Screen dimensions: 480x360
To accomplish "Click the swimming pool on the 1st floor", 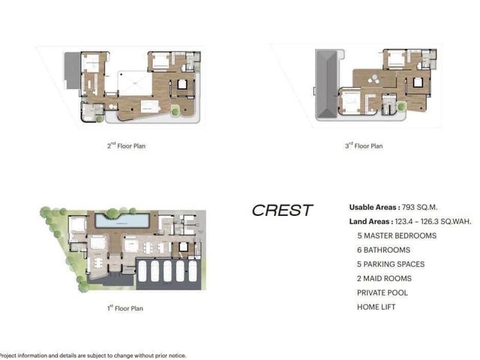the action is (122, 220).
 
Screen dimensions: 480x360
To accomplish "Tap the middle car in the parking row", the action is (167, 271).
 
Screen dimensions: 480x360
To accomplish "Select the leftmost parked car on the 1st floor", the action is (142, 271).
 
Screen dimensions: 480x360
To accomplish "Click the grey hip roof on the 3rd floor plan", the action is (326, 84).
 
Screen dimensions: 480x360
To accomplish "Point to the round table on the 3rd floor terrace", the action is (373, 79).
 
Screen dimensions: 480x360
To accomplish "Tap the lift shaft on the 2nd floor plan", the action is (182, 84).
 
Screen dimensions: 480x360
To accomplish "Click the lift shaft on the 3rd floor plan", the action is (418, 82).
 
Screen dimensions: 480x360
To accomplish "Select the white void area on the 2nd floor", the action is (135, 83).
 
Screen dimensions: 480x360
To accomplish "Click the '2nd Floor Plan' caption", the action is (126, 145).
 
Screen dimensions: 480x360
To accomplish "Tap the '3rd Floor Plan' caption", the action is (364, 145).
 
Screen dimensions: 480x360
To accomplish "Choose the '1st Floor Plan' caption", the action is (125, 307).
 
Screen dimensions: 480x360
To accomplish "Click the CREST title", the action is (282, 210).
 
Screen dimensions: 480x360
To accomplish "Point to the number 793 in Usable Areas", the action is (408, 207).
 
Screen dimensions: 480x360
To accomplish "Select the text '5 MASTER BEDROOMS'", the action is (397, 235).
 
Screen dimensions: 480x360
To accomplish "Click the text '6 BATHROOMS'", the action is (383, 250).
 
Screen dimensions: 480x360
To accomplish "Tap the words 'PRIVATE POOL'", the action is (382, 292).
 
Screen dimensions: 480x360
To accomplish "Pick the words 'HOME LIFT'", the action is (376, 307).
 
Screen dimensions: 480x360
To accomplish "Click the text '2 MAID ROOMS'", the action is (384, 278).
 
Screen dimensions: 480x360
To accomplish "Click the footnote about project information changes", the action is (92, 355).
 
